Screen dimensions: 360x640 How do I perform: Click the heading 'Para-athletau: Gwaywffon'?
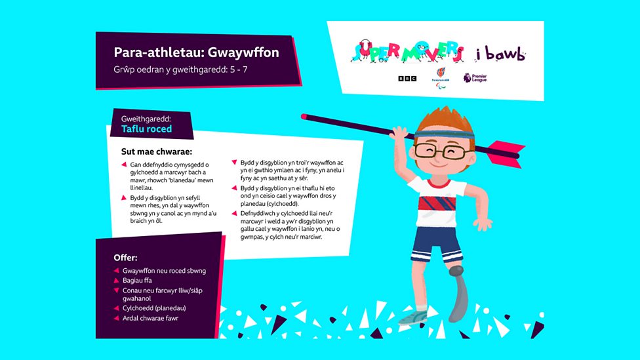tap(196, 52)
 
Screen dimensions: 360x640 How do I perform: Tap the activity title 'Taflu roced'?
tap(146, 129)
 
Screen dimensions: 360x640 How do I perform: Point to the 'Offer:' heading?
tap(125, 257)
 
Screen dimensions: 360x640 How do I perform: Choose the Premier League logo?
tap(468, 77)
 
